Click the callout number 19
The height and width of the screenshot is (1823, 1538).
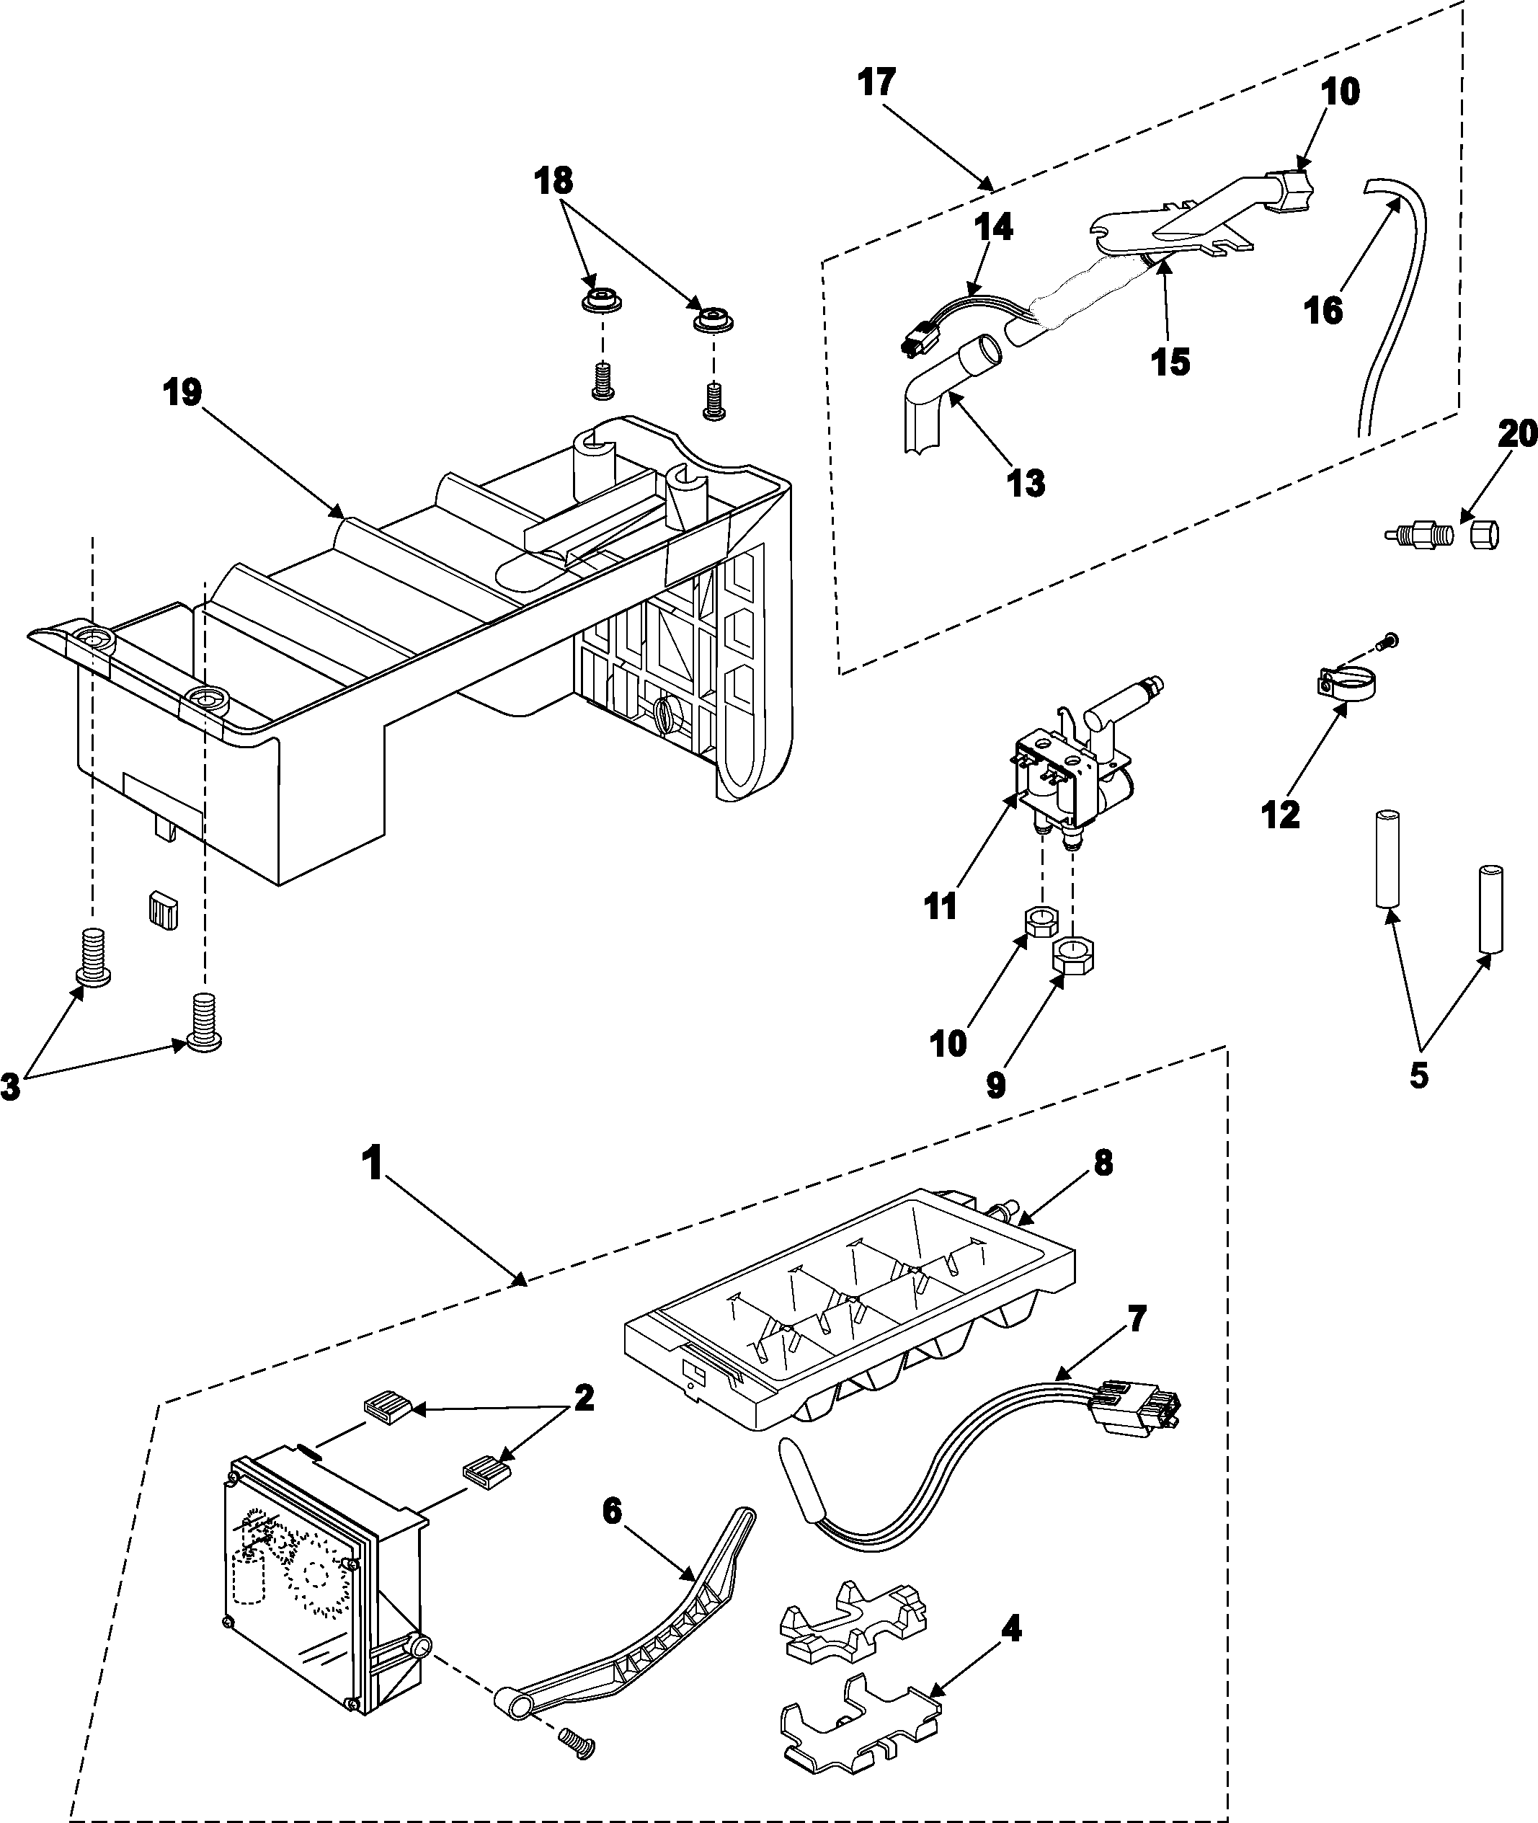pos(183,392)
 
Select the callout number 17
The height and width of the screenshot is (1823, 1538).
pos(876,83)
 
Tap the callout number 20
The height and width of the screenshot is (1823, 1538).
pos(1517,433)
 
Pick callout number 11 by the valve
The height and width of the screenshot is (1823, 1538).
pos(941,907)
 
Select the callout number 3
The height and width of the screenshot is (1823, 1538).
pos(11,1088)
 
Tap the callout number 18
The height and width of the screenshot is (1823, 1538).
pos(554,180)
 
